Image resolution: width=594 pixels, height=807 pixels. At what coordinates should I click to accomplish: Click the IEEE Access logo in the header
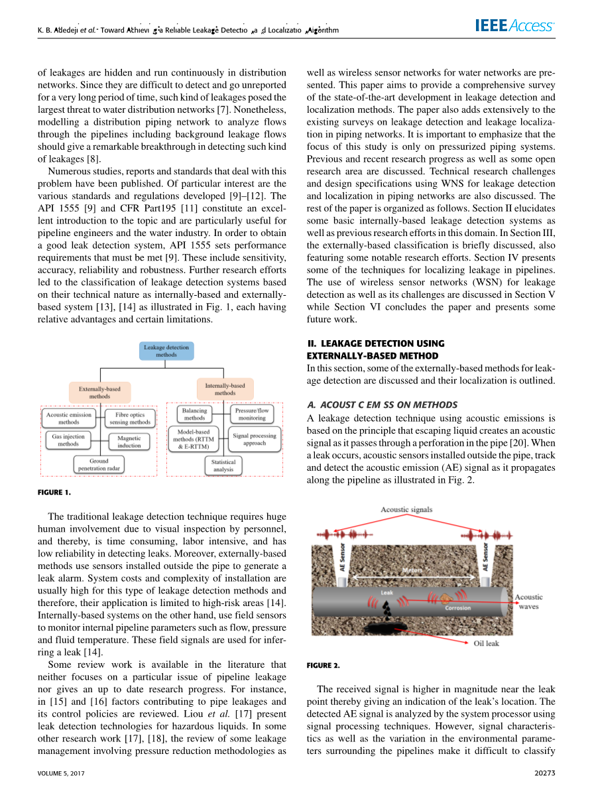tap(514, 26)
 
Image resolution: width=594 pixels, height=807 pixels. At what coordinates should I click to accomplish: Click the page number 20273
tap(544, 773)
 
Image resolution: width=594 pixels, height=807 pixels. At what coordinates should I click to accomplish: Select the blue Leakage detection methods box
tap(166, 351)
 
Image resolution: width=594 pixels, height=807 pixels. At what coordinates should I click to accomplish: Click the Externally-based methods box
tap(100, 392)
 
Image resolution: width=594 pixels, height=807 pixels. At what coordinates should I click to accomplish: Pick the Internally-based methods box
tap(225, 389)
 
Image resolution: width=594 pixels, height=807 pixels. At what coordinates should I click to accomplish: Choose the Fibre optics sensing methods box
tap(130, 418)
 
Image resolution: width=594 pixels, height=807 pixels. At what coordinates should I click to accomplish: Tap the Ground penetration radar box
tap(99, 464)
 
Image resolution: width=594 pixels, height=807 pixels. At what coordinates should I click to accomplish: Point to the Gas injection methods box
tap(68, 440)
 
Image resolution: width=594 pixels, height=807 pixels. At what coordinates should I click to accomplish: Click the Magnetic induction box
tap(129, 442)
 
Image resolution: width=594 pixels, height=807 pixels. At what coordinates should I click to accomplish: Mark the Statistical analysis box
tap(223, 466)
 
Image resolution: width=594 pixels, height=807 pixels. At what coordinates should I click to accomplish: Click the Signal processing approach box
tap(254, 440)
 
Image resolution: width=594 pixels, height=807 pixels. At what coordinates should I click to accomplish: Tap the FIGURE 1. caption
tap(54, 492)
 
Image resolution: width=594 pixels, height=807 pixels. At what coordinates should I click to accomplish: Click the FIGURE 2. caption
tap(323, 664)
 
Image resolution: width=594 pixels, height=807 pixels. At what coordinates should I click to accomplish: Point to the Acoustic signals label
tap(406, 509)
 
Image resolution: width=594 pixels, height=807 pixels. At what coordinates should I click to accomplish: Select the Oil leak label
tap(486, 643)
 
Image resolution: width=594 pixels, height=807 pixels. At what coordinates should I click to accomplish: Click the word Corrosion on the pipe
tap(457, 607)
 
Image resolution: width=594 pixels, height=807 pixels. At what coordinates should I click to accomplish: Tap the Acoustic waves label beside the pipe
tap(528, 601)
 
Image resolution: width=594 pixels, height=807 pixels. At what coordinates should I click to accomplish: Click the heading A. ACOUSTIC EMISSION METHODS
tap(382, 404)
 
